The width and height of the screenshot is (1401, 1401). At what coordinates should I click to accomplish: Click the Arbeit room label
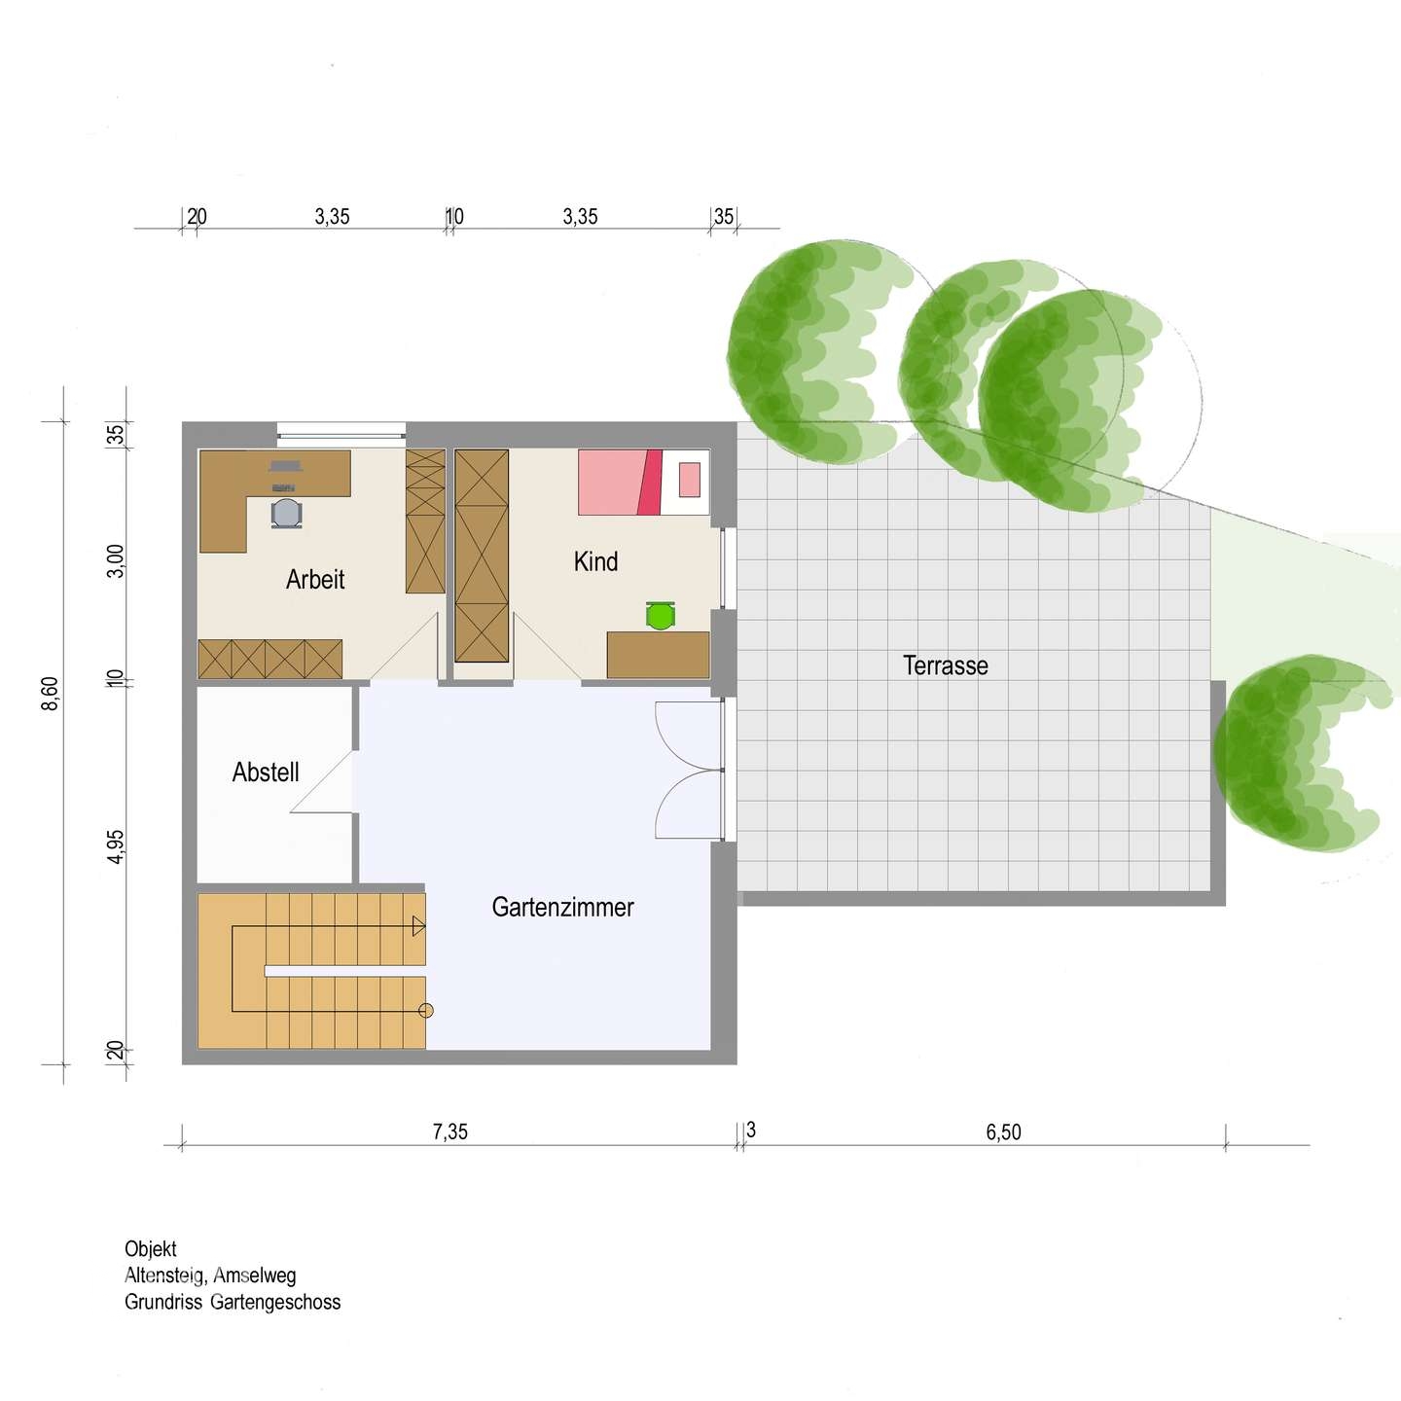pyautogui.click(x=315, y=580)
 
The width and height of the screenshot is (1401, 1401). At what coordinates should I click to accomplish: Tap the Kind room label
pyautogui.click(x=595, y=561)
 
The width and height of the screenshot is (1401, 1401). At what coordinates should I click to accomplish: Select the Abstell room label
pyautogui.click(x=266, y=772)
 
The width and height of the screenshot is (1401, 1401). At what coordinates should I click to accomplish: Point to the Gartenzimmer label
pyautogui.click(x=562, y=908)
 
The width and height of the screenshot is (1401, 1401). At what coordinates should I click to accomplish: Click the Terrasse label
pyautogui.click(x=945, y=665)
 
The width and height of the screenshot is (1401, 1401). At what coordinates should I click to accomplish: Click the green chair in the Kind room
pyautogui.click(x=661, y=615)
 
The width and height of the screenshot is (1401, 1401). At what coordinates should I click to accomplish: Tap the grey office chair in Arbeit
pyautogui.click(x=286, y=513)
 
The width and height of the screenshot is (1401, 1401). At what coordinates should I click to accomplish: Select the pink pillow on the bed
pyautogui.click(x=689, y=479)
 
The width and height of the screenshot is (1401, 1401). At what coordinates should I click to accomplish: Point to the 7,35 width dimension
pyautogui.click(x=450, y=1132)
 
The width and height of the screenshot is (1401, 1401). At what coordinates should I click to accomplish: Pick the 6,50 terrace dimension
pyautogui.click(x=1003, y=1132)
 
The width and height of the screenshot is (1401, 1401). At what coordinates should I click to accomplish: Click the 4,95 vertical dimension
pyautogui.click(x=115, y=847)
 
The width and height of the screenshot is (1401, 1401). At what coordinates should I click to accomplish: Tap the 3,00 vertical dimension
pyautogui.click(x=115, y=560)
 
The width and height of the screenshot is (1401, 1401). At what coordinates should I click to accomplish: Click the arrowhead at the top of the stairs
pyautogui.click(x=418, y=926)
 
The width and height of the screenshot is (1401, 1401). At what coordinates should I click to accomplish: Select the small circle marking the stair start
pyautogui.click(x=427, y=1011)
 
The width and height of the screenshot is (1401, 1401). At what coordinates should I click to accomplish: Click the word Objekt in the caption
pyautogui.click(x=151, y=1249)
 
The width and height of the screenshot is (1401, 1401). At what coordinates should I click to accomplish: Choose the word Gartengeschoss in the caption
pyautogui.click(x=274, y=1302)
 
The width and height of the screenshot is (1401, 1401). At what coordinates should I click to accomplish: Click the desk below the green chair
pyautogui.click(x=658, y=655)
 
